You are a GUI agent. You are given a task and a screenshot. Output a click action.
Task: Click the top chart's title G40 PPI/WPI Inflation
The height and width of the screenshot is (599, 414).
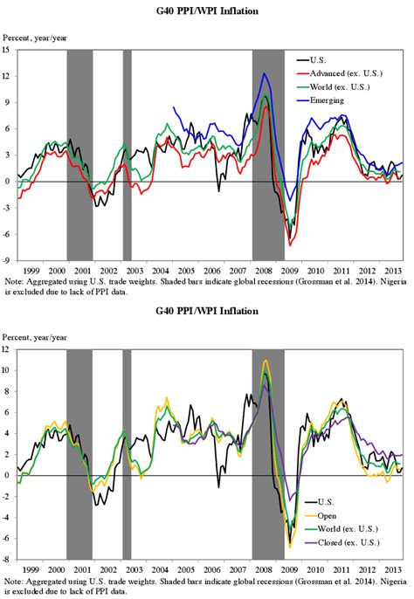click(x=206, y=10)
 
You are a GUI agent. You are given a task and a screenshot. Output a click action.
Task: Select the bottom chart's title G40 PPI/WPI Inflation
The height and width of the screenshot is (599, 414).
click(x=206, y=310)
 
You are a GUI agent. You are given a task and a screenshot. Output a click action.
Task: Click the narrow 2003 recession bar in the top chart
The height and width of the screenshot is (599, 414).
click(x=127, y=155)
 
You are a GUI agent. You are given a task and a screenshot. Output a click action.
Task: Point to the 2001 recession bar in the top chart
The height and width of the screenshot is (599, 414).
click(x=79, y=155)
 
